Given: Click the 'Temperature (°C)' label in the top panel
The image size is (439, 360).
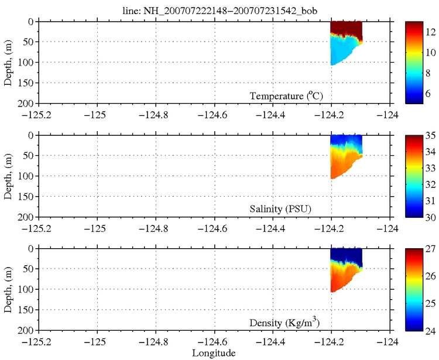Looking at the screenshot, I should point(286,95).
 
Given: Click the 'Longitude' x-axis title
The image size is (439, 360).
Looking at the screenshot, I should point(213,352).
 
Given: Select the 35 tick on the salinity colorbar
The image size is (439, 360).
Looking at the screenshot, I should point(427,136).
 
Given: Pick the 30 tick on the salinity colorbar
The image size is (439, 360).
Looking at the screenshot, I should point(427,217).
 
